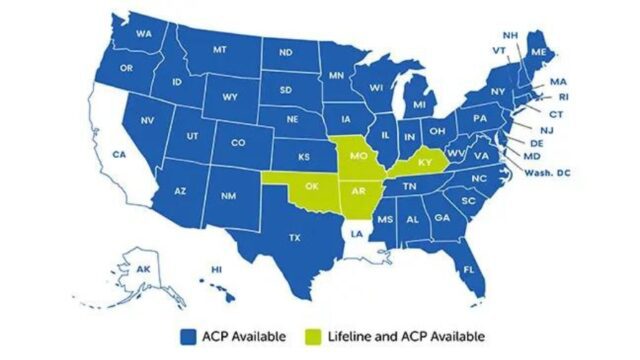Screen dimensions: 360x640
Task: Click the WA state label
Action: pos(143,35)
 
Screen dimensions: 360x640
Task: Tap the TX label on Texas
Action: pos(295,238)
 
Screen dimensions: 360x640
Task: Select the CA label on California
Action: pos(118,155)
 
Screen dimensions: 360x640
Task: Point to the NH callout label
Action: pos(510,35)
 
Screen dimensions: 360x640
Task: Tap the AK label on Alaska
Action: pos(143,269)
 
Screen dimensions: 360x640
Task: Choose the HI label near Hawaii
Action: pos(216,270)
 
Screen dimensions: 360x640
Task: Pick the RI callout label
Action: pos(563,98)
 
